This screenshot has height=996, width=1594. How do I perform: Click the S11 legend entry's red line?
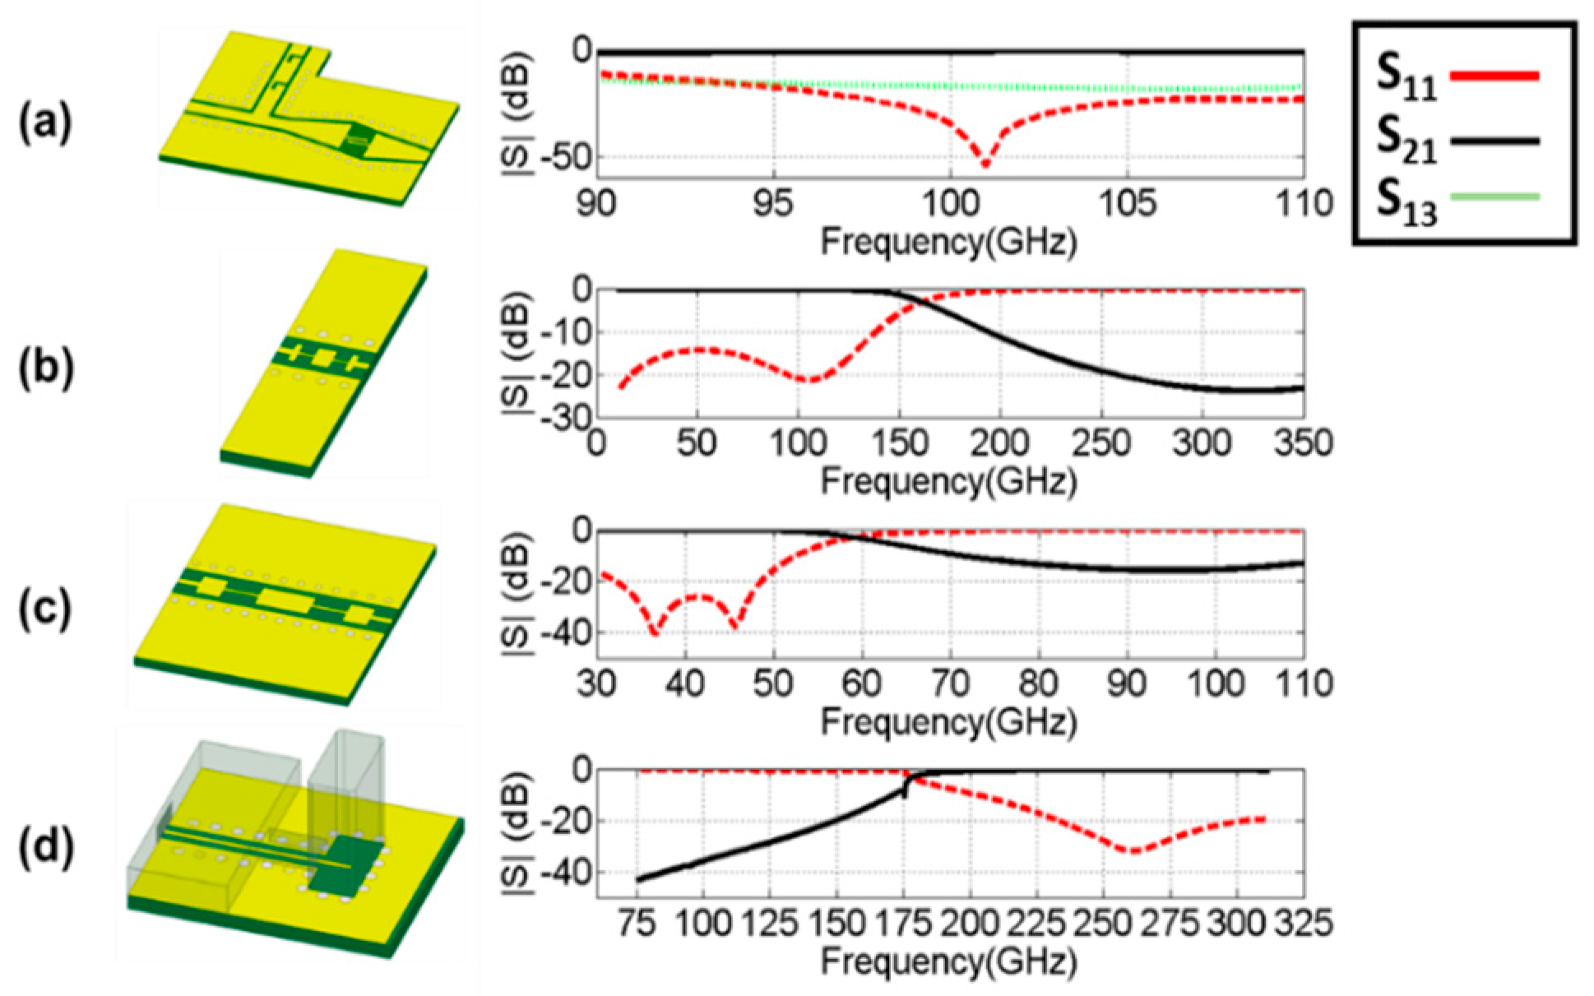(1494, 76)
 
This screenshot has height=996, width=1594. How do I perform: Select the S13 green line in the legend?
(1494, 197)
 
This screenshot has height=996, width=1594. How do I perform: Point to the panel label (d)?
(46, 847)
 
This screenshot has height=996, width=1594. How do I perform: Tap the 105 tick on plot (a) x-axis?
(1127, 203)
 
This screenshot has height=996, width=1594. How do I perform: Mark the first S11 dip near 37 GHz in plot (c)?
(655, 632)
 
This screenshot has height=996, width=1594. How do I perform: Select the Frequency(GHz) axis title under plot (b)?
(948, 481)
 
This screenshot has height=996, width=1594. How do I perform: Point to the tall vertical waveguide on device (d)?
(345, 781)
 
